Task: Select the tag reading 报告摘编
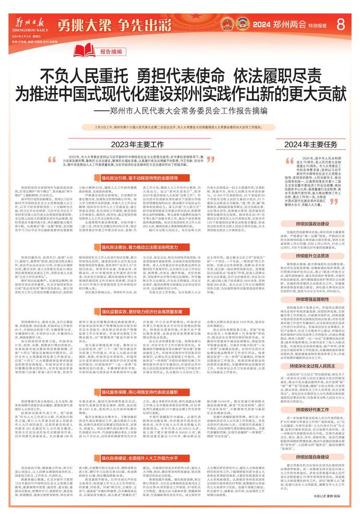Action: (112, 52)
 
